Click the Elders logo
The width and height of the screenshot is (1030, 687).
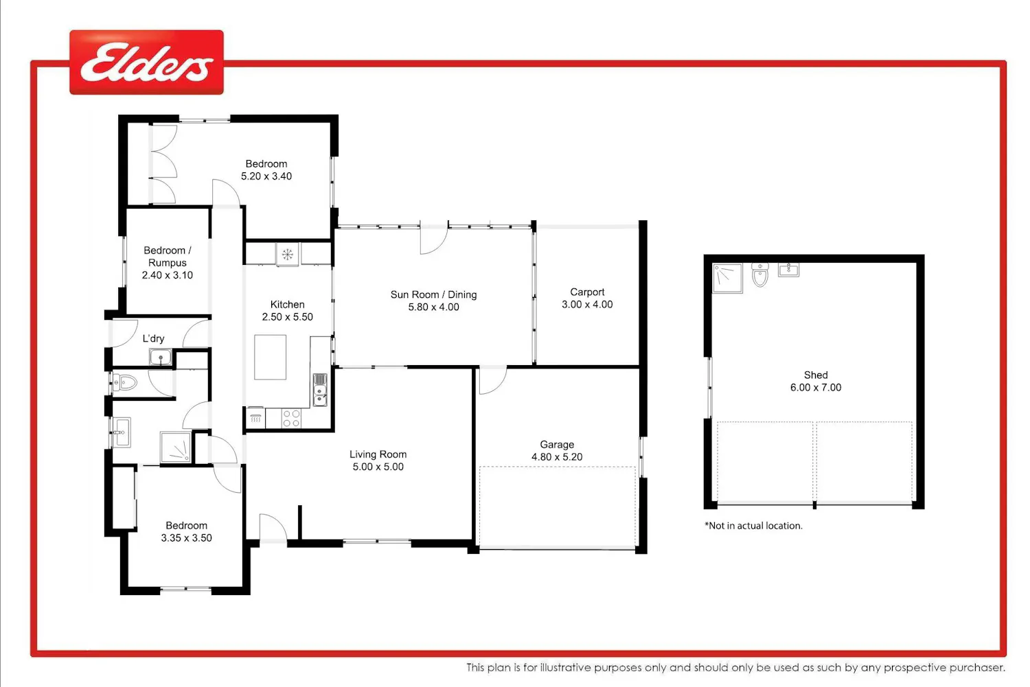[147, 62]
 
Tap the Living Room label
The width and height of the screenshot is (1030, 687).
[378, 454]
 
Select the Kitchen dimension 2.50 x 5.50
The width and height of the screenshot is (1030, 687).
[288, 316]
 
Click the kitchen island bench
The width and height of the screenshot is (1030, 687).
[271, 357]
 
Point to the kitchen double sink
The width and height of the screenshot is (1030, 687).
[320, 390]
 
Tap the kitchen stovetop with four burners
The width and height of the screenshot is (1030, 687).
[292, 418]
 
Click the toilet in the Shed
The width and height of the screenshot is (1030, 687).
[759, 275]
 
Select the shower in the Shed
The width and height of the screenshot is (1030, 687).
[727, 278]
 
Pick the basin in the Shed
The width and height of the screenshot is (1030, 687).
[788, 270]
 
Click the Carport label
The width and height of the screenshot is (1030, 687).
[587, 292]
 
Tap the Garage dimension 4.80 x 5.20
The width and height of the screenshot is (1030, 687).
[557, 457]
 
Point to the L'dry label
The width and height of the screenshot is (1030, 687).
[153, 338]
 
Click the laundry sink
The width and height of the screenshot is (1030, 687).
[161, 357]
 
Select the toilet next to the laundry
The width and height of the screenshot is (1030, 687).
[125, 382]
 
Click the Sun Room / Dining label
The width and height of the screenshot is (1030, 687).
[433, 294]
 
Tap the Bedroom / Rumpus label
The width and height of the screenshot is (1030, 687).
[168, 257]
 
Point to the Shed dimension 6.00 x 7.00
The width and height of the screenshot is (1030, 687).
[816, 387]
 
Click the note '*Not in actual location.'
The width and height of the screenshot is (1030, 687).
[754, 526]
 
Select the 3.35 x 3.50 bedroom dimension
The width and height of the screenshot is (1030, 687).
[186, 537]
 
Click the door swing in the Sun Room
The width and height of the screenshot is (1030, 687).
[434, 239]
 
